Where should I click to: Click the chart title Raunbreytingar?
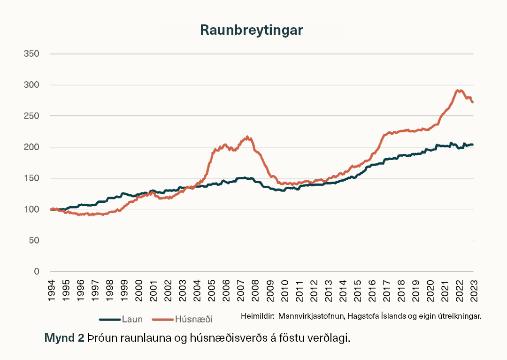252,30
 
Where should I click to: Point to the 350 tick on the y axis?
31,54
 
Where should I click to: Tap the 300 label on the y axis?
31,85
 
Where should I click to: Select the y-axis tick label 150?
31,178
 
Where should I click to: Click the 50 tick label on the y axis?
33,241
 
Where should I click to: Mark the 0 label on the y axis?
36,272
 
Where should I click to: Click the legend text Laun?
132,320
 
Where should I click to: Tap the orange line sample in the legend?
163,320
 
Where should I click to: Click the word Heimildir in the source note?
257,316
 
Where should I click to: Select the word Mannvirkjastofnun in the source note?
310,316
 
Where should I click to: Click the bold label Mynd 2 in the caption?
64,338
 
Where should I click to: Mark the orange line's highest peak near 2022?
458,90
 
